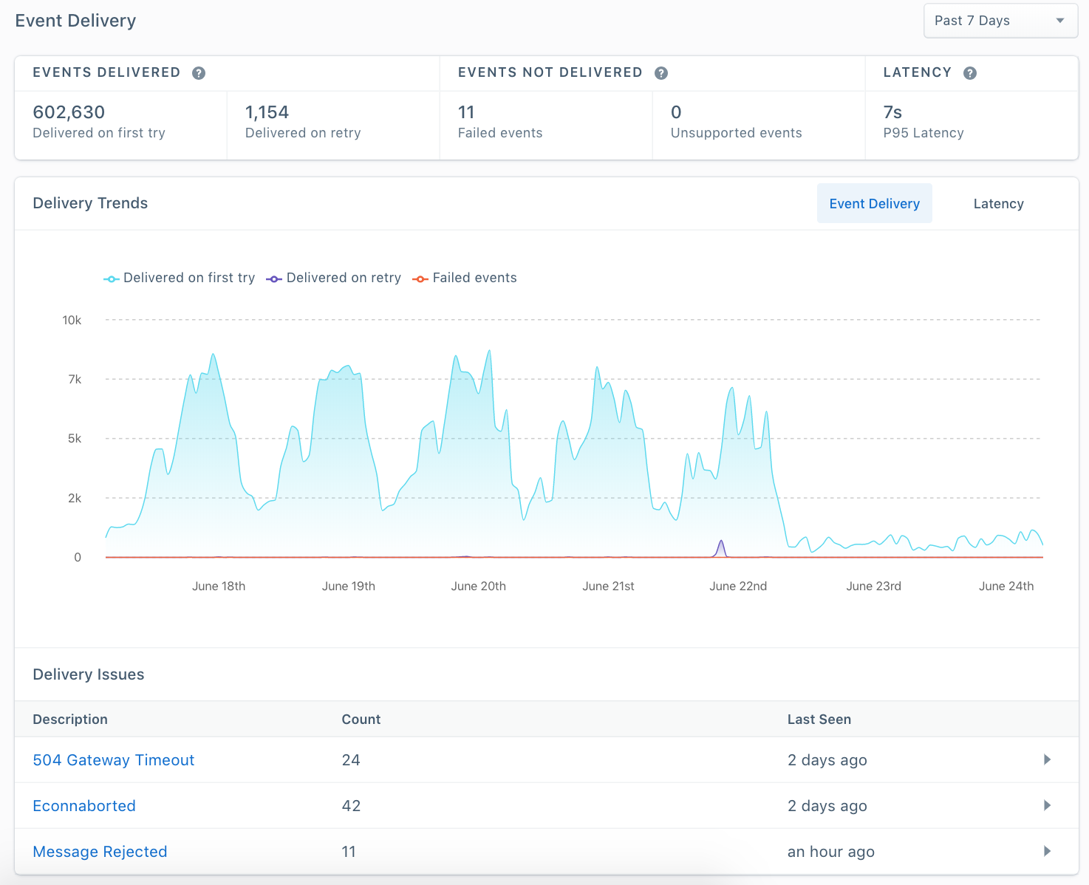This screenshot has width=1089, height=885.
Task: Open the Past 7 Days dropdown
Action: click(x=1000, y=21)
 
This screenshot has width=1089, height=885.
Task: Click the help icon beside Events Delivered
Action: click(x=199, y=73)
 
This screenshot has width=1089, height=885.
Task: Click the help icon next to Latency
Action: click(x=970, y=73)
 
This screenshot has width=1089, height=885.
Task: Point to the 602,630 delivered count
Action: click(x=69, y=112)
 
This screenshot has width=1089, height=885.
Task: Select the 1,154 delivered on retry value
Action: click(x=267, y=112)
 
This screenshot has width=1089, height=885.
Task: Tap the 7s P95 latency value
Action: click(x=892, y=112)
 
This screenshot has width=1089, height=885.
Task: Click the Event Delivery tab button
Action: click(x=874, y=204)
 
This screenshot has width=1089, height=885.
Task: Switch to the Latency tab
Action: click(x=998, y=204)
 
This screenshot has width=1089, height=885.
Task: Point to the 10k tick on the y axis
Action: click(x=72, y=320)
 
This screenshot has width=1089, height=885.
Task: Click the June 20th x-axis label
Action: click(x=478, y=586)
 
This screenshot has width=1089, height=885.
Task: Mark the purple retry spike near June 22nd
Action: click(x=721, y=547)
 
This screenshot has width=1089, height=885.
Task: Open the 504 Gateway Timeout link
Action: click(x=113, y=760)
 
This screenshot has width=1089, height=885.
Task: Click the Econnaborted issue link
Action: click(x=84, y=806)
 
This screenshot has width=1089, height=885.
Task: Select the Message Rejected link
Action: click(x=100, y=852)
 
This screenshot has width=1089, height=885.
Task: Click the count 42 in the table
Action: click(x=351, y=806)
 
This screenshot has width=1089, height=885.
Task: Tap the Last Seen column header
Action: click(x=819, y=720)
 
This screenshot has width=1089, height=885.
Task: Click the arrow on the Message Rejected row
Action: click(x=1047, y=851)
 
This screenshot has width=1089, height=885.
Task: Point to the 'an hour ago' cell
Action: click(x=830, y=852)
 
